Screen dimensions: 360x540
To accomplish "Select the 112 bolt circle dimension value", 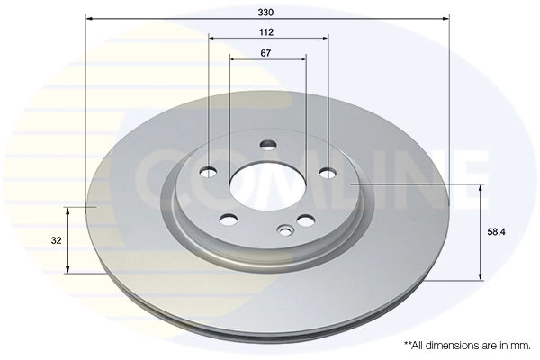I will coord(267,31).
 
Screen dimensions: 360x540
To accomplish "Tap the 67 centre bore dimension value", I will coord(267,53).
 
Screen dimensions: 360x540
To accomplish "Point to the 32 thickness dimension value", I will coord(56,240).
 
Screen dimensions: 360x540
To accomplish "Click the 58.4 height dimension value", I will coord(496,231).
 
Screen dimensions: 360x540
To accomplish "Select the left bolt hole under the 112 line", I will coord(210,172).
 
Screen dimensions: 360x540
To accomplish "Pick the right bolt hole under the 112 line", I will coord(328,172).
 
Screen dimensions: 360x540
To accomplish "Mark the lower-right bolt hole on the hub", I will coord(306,220).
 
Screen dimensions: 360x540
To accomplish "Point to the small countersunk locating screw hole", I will coord(286,230).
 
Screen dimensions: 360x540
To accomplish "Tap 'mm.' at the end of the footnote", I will coord(520,346).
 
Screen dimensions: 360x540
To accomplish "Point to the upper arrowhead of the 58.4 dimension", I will coord(480,189).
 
